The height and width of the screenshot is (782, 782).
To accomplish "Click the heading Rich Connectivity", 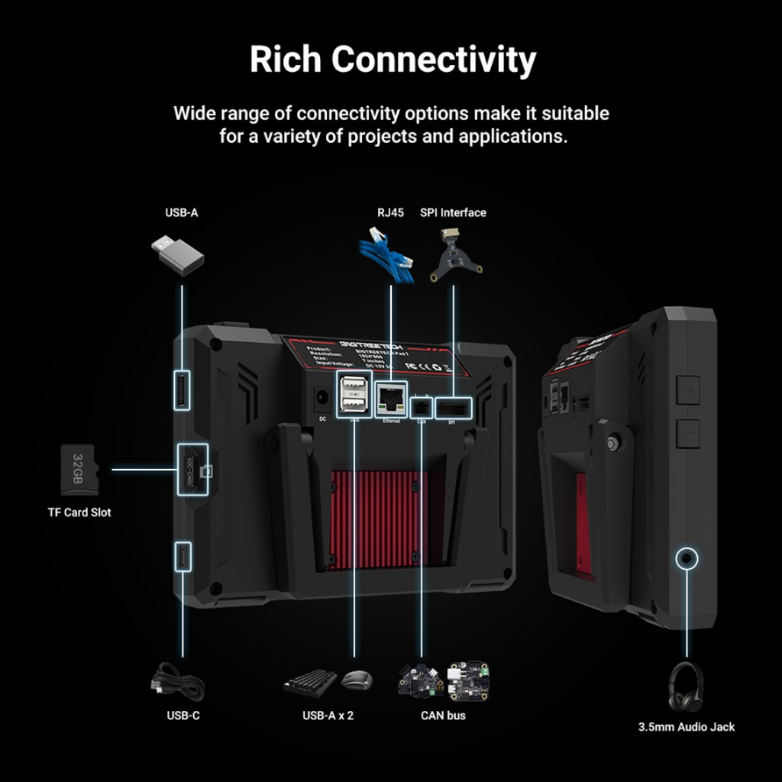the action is (x=393, y=60).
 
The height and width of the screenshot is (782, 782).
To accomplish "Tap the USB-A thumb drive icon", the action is (x=178, y=254).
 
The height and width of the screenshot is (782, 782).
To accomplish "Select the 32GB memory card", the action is (x=79, y=470).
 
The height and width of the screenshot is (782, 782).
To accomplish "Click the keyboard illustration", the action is (x=310, y=682).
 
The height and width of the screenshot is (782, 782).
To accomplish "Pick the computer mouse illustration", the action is (x=357, y=679).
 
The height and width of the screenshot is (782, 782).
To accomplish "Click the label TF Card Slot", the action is (x=79, y=512).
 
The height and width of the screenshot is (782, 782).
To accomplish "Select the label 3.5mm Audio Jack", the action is (x=687, y=727).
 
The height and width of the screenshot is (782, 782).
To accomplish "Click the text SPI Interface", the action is (x=453, y=212).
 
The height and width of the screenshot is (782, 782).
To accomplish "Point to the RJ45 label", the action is (x=390, y=212).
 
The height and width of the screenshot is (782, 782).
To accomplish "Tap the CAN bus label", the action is (x=443, y=716).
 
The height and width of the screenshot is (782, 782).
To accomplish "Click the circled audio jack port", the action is (x=687, y=559).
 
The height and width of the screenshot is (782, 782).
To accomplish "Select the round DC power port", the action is (x=322, y=398).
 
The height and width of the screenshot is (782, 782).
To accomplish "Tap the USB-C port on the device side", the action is (x=183, y=556).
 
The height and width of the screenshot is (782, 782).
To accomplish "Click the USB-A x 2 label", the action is (x=328, y=716).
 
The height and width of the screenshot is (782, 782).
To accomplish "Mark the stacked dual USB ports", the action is (x=354, y=395).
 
